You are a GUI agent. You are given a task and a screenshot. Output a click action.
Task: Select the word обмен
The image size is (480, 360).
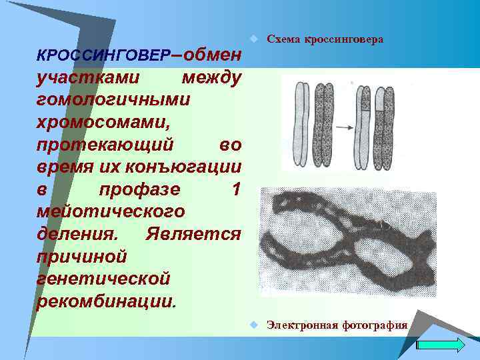click(x=211, y=53)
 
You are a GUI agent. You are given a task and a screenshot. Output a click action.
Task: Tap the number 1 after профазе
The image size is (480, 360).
click(x=235, y=189)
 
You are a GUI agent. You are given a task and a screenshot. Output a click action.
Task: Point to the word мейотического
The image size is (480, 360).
click(x=111, y=212)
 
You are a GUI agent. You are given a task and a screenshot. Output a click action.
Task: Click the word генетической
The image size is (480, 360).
click(x=104, y=279)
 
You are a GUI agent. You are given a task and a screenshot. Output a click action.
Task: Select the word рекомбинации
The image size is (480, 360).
click(x=107, y=301)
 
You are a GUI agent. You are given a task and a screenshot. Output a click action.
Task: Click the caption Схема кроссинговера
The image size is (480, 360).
click(x=325, y=39)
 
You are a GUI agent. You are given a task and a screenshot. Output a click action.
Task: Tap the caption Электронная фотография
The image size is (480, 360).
click(x=337, y=325)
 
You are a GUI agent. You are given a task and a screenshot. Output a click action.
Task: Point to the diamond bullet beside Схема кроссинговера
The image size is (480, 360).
click(x=254, y=39)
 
